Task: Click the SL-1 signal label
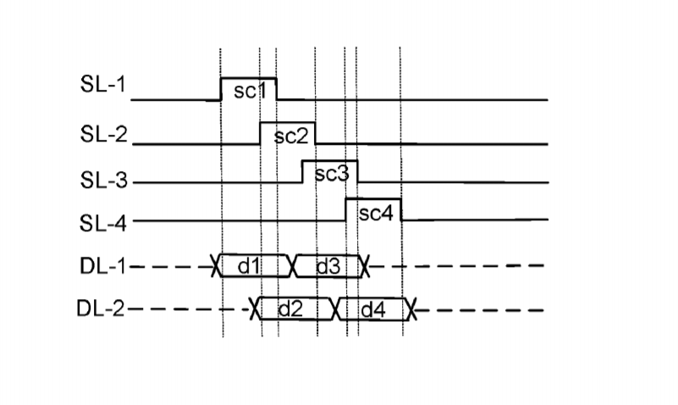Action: (103, 84)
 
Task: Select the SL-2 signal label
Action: (104, 134)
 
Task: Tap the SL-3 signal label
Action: (104, 180)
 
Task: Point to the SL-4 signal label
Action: (103, 224)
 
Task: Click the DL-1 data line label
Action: (103, 266)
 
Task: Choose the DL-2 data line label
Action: (101, 308)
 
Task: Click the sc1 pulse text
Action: (250, 91)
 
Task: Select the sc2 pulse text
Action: (291, 136)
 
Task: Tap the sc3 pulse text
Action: (332, 174)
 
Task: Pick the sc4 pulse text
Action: (376, 213)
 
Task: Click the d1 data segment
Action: (253, 266)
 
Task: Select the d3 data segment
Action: (328, 266)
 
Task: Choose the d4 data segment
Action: (372, 309)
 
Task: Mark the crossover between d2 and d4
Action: (336, 309)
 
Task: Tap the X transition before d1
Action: (216, 266)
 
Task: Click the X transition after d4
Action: (411, 309)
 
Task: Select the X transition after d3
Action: (365, 266)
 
